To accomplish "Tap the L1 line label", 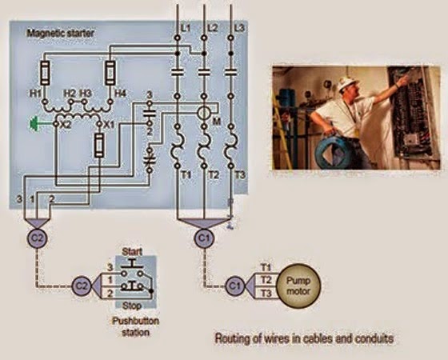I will [x=186, y=28].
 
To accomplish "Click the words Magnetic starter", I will [x=59, y=34].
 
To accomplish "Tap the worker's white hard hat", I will [x=346, y=83].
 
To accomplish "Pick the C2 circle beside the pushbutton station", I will [x=81, y=283].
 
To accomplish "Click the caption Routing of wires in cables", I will [x=303, y=338].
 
